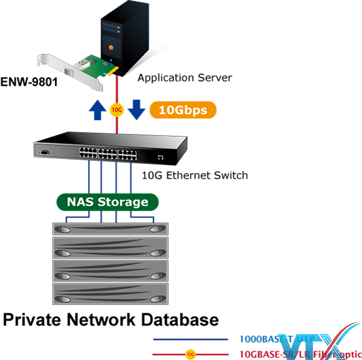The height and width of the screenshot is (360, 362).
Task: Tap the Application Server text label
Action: pos(185,78)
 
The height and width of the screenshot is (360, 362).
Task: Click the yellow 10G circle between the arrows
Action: pos(116,110)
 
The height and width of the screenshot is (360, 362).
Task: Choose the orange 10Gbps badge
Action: pos(183,110)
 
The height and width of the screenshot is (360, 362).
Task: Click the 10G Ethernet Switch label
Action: pos(195,175)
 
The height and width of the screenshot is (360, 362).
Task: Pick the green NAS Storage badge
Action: pos(108,202)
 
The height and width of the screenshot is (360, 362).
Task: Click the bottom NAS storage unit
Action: pos(110,295)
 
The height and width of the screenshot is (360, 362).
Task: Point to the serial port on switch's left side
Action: pos(44,153)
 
